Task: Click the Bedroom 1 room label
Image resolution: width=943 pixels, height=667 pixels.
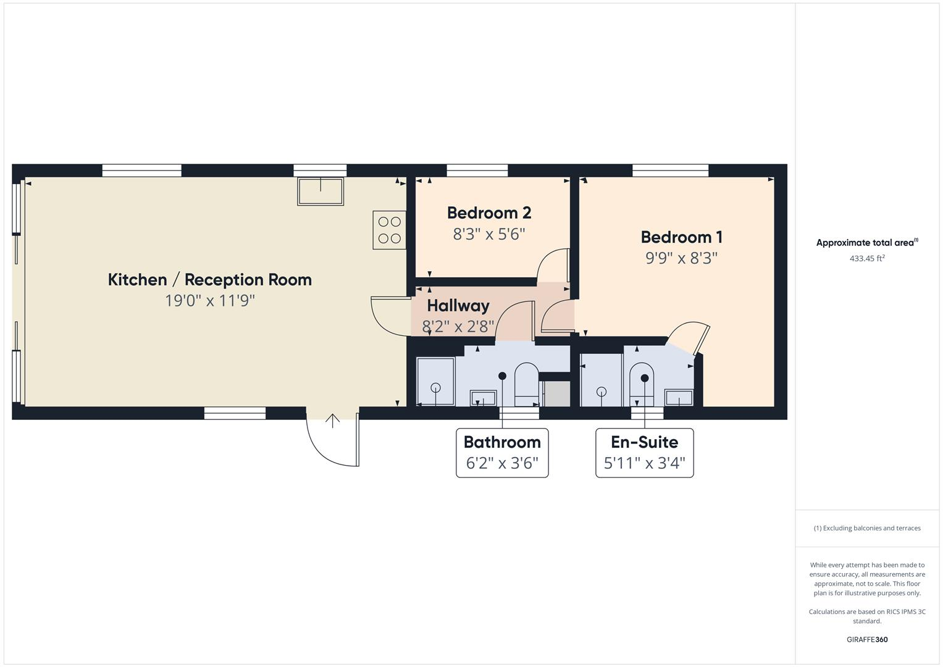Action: pos(681,237)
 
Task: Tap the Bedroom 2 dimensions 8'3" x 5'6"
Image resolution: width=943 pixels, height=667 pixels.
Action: pos(488,235)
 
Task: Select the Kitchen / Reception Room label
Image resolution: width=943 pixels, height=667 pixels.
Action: pos(209,280)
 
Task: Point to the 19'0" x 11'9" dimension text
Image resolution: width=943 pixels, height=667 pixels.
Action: pos(209,301)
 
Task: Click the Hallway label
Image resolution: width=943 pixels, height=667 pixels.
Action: pos(458,306)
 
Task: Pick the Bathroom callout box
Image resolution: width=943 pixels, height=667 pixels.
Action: pos(502,452)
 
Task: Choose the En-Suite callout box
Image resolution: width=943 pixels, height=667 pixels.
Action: pos(644,452)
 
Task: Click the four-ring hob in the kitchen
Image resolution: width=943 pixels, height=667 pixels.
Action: pos(389,230)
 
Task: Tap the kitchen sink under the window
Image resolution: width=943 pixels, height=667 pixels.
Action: pos(321,191)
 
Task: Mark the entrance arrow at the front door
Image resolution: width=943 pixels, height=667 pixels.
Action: pos(333,421)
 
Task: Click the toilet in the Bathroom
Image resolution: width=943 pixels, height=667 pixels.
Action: pos(526,383)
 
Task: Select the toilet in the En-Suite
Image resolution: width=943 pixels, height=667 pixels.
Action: pos(642,383)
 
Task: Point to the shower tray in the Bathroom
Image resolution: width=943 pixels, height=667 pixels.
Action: pos(435,381)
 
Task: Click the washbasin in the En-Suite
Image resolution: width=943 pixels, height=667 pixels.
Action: pos(679,398)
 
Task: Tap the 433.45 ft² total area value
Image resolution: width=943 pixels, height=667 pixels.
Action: pos(866,259)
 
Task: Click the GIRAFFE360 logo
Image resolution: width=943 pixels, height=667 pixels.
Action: pos(866,639)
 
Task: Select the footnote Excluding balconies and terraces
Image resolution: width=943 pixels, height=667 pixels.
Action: pos(866,528)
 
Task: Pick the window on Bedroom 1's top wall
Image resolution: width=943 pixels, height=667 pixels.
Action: pos(670,170)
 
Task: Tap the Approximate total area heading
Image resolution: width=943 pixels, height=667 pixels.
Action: pos(866,243)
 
